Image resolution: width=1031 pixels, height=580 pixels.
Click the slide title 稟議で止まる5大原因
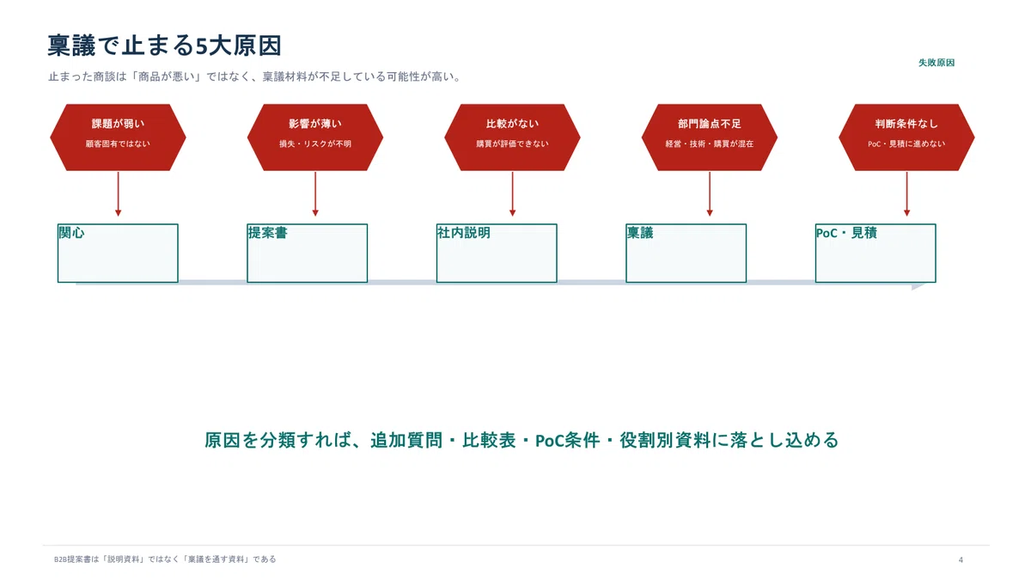164,46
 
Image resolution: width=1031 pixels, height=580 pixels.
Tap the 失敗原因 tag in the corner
936,63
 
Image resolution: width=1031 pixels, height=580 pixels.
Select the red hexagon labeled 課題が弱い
118,137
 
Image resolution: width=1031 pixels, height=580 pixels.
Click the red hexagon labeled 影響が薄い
314,137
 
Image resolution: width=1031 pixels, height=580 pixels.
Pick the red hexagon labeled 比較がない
512,137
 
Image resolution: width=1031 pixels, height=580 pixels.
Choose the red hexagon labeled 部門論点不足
710,137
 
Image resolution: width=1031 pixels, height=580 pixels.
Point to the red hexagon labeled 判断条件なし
906,137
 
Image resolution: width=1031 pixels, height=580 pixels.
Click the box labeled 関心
118,253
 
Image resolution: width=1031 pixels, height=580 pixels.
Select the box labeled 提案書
307,253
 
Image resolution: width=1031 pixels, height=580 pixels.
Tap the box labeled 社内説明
497,253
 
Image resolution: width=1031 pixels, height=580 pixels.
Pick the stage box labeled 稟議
686,253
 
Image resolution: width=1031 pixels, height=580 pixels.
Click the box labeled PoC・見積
875,253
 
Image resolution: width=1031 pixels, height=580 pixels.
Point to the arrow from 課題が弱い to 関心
118,194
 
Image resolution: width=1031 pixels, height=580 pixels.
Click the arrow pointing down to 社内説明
512,194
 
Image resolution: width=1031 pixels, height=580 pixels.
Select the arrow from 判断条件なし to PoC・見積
906,194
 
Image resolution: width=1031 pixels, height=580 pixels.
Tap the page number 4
961,559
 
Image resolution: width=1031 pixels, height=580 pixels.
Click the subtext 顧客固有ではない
118,143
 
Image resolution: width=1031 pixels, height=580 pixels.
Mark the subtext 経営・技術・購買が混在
710,143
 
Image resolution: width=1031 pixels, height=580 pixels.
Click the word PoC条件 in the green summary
568,441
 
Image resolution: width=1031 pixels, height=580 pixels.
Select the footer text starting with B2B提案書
165,559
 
